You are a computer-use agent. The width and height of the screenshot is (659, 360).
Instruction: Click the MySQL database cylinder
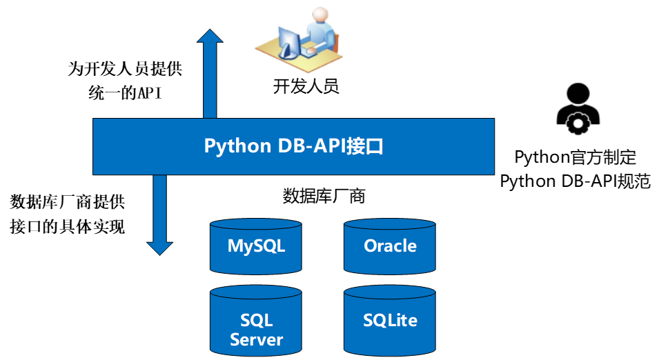256,246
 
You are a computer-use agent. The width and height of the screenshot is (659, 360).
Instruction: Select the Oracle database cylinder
390,246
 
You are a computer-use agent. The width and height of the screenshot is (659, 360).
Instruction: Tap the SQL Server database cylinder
256,321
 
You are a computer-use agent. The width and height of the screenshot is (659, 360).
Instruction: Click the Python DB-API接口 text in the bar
293,146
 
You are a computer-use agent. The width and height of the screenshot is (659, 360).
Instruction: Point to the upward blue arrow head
210,38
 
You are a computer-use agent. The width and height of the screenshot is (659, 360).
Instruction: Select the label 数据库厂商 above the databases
324,196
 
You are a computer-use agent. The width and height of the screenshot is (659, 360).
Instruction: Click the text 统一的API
115,93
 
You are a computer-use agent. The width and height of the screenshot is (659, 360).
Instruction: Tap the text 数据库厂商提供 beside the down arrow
67,202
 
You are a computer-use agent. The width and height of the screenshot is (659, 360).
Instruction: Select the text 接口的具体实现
67,226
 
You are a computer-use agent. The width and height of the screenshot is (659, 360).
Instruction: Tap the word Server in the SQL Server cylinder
256,339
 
